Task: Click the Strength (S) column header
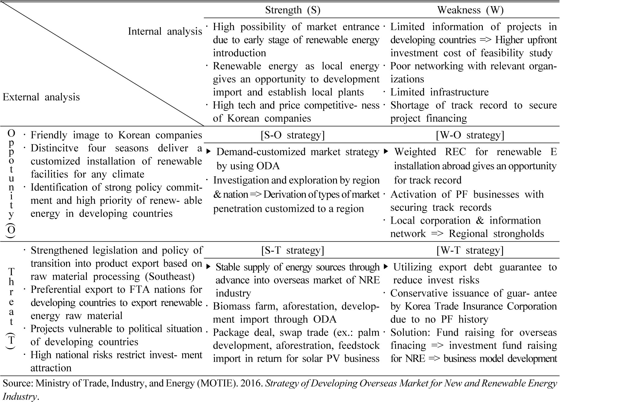pyautogui.click(x=293, y=10)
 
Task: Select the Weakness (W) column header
pyautogui.click(x=470, y=10)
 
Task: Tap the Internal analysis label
pyautogui.click(x=165, y=31)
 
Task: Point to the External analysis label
pyautogui.click(x=41, y=97)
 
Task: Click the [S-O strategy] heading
pyautogui.click(x=293, y=135)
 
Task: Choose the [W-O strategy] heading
pyautogui.click(x=470, y=135)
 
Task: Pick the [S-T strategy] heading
pyautogui.click(x=293, y=250)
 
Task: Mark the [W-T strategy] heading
pyautogui.click(x=470, y=250)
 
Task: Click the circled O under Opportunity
pyautogui.click(x=11, y=230)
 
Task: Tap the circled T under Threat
pyautogui.click(x=11, y=340)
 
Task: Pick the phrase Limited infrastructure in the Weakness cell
pyautogui.click(x=439, y=92)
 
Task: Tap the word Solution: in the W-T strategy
pyautogui.click(x=411, y=332)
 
